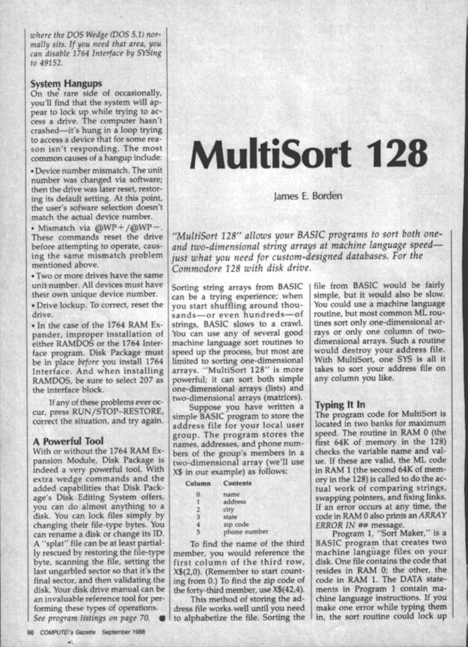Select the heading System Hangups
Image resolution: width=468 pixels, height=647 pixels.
click(66, 84)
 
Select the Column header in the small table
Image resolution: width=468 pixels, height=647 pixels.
click(198, 483)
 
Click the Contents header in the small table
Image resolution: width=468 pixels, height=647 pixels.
click(238, 483)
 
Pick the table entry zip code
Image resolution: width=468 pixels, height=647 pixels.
click(237, 524)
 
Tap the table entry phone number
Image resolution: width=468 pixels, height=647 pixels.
click(247, 532)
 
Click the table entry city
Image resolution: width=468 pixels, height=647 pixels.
click(229, 508)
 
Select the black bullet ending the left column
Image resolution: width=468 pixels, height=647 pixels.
click(161, 617)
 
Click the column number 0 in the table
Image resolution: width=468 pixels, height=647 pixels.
click(198, 494)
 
